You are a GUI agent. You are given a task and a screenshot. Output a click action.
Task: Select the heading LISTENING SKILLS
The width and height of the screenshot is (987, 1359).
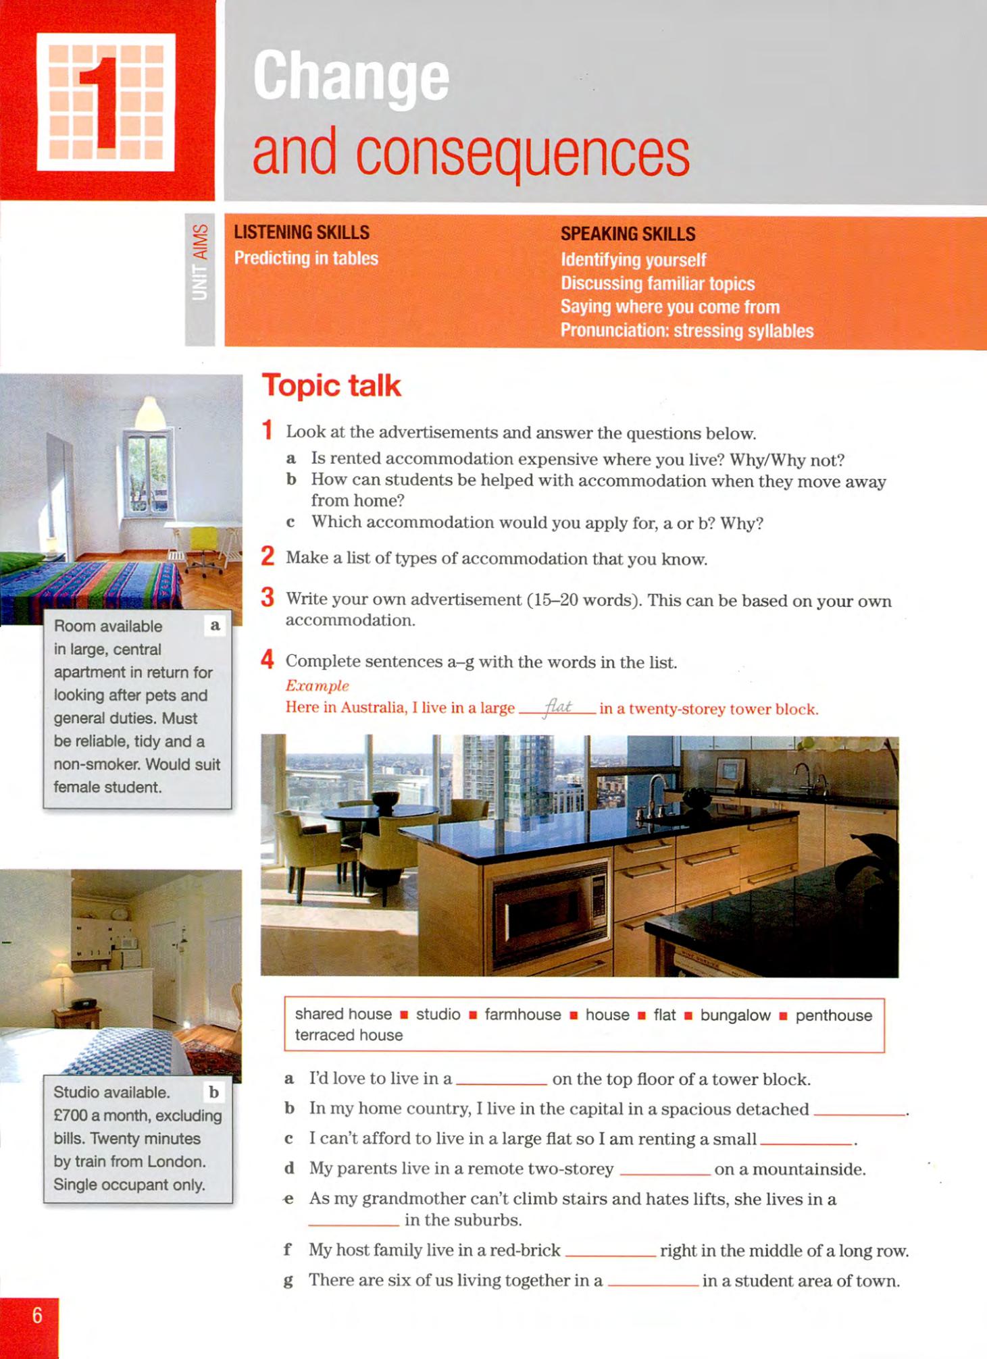pos(301,233)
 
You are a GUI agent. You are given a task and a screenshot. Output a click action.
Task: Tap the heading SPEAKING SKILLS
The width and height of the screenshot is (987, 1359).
pos(628,234)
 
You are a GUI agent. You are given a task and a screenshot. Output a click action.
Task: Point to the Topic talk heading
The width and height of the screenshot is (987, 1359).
pos(331,385)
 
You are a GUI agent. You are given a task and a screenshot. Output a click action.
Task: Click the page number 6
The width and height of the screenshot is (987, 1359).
pos(37,1315)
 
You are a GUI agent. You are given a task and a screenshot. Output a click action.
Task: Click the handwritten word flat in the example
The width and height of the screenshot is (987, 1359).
pos(558,707)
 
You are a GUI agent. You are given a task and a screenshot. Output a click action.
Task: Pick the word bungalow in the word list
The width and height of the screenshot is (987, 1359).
pos(735,1015)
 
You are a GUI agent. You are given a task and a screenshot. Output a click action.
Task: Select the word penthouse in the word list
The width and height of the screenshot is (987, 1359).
pos(834,1015)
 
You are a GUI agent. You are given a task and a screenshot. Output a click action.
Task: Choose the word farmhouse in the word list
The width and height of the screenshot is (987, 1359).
pos(522,1015)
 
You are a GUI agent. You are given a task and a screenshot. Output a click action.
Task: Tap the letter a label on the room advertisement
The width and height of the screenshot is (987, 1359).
pos(216,625)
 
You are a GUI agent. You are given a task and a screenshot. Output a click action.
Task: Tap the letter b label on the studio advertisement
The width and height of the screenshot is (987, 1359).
pos(214,1092)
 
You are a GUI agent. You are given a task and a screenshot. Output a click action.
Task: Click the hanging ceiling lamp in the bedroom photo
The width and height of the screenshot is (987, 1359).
pos(151,412)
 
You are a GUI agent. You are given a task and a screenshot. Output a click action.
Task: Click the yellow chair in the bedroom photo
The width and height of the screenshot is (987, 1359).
pos(203,540)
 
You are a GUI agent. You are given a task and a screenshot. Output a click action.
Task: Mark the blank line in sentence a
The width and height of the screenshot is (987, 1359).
pos(501,1082)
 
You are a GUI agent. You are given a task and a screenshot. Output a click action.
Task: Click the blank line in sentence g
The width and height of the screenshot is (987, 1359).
pos(653,1284)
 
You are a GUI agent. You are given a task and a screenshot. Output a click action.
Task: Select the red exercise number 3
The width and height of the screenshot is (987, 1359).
pos(268,597)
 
